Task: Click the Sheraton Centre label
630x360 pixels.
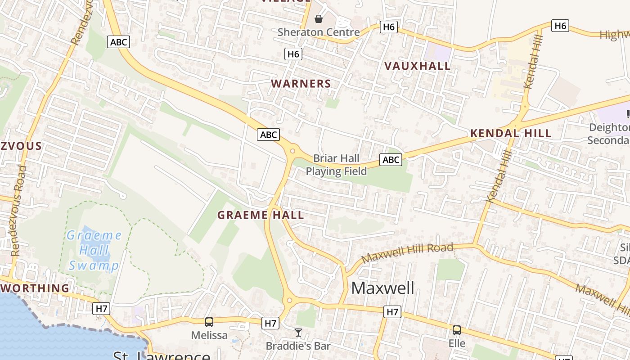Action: pos(319,32)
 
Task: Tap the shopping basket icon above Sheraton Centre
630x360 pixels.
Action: pos(319,18)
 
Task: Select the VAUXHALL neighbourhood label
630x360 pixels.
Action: pos(418,66)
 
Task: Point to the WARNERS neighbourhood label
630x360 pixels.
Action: pos(301,84)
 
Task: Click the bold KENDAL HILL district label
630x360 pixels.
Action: pos(511,133)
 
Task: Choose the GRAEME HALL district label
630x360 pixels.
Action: pos(261,215)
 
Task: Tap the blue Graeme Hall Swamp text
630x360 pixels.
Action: pos(94,250)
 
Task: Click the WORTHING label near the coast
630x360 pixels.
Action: pos(35,288)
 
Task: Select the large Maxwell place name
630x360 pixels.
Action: pos(382,288)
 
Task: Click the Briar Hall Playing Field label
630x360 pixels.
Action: pos(337,165)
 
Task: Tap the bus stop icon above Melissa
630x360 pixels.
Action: pos(209,322)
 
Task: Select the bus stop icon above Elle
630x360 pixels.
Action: pos(457,330)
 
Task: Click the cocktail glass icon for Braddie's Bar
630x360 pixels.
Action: pos(298,333)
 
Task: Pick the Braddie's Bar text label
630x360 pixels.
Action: pos(298,346)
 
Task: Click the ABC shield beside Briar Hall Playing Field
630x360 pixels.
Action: pos(391,159)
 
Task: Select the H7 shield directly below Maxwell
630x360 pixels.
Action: pos(392,311)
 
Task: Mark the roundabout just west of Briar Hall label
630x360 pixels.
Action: pos(292,151)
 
